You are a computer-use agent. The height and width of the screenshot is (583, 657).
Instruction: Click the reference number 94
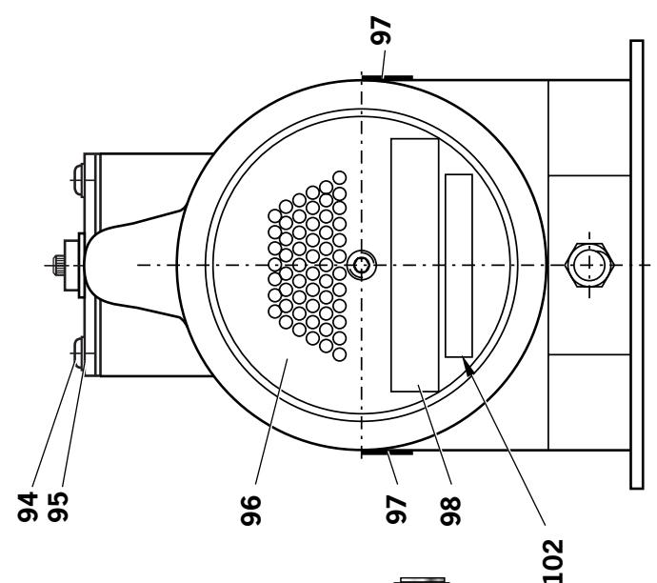pyautogui.click(x=28, y=507)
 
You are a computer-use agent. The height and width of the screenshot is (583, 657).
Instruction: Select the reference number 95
pyautogui.click(x=57, y=507)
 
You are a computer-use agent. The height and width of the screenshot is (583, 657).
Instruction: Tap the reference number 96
pyautogui.click(x=251, y=510)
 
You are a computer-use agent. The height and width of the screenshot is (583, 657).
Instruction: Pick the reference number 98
pyautogui.click(x=450, y=511)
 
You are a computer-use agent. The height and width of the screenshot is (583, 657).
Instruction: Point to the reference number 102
pyautogui.click(x=552, y=561)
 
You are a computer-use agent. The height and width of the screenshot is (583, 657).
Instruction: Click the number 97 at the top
pyautogui.click(x=381, y=30)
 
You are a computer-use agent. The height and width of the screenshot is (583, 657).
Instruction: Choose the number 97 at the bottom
pyautogui.click(x=396, y=510)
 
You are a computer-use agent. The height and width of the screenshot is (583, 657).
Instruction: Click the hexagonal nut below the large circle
pyautogui.click(x=589, y=265)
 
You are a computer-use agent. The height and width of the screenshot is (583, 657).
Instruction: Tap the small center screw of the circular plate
pyautogui.click(x=362, y=265)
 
